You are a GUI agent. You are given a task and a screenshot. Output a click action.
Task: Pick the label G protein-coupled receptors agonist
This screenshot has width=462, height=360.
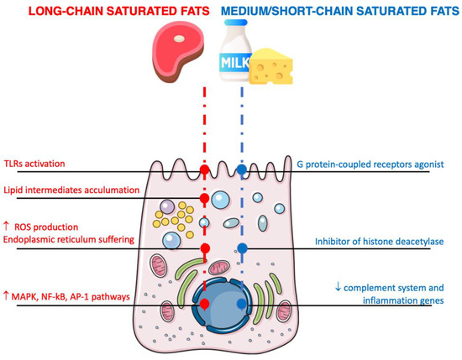coord(375,164)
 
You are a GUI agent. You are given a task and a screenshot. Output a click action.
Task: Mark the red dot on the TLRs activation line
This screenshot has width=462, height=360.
coord(203,171)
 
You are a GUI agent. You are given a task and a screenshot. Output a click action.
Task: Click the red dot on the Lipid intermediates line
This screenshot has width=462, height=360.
coord(203,199)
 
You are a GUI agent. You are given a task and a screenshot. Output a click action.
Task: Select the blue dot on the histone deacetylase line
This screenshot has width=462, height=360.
coord(242,248)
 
